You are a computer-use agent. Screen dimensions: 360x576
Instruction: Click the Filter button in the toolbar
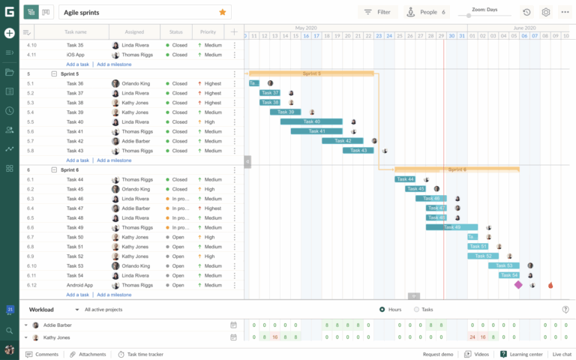377,12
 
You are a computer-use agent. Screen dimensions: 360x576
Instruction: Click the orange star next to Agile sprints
222,12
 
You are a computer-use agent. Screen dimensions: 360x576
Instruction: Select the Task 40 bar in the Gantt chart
310,121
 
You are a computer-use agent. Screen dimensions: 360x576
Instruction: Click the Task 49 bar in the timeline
451,227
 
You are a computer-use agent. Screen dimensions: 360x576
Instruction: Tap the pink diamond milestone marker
517,285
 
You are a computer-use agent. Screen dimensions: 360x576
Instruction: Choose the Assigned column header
134,32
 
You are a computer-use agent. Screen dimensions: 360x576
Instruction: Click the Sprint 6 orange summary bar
457,169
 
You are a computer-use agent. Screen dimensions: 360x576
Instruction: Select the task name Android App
79,285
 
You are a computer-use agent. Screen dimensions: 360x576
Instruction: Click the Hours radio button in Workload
382,309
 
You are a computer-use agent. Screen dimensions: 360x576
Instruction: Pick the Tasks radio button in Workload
417,309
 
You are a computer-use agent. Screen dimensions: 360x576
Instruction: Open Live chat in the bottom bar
562,354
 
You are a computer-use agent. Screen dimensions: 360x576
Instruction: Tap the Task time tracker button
141,354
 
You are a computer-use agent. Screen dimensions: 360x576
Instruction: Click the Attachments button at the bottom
88,354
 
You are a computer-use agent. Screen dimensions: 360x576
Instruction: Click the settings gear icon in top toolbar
546,12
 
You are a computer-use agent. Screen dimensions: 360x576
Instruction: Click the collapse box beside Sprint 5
54,73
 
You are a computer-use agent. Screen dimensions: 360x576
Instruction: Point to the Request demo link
437,354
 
